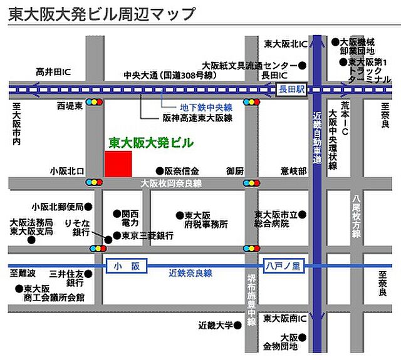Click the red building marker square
pos(118,163)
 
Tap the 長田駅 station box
pos(291,90)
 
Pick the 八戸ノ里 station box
pos(283,265)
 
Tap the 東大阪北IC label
pos(284,44)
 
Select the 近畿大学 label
pos(216,325)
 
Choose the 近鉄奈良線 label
pos(191,273)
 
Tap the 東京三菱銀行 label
pos(148,236)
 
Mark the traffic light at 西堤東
pos(95,101)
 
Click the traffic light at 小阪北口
pos(95,182)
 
